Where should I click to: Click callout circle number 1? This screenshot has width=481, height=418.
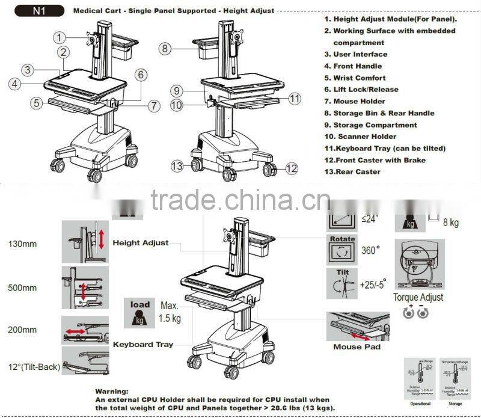pyautogui.click(x=59, y=37)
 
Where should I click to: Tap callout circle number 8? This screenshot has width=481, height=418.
pyautogui.click(x=166, y=48)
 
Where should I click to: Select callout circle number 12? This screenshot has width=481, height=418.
pyautogui.click(x=292, y=168)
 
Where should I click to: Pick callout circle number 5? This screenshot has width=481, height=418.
pyautogui.click(x=37, y=103)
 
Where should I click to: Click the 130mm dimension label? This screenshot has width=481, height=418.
pyautogui.click(x=22, y=244)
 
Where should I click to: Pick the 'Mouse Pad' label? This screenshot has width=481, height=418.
pyautogui.click(x=356, y=346)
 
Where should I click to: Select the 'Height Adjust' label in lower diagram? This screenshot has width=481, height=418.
pyautogui.click(x=141, y=243)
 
